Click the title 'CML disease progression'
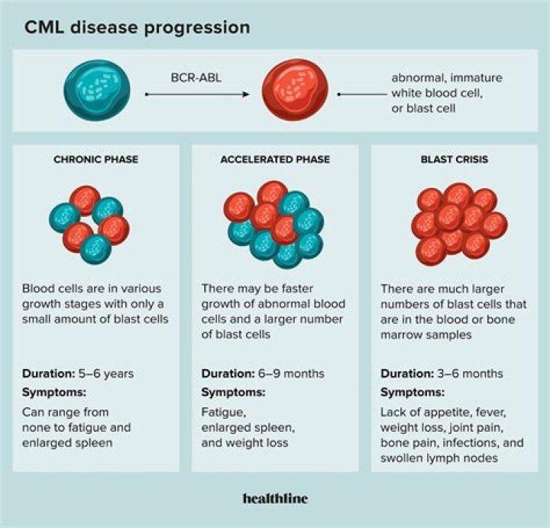pyautogui.click(x=137, y=28)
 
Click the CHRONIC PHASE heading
pyautogui.click(x=95, y=160)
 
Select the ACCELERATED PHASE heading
pyautogui.click(x=274, y=160)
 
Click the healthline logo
pyautogui.click(x=275, y=498)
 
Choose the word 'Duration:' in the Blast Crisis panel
pyautogui.click(x=406, y=374)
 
